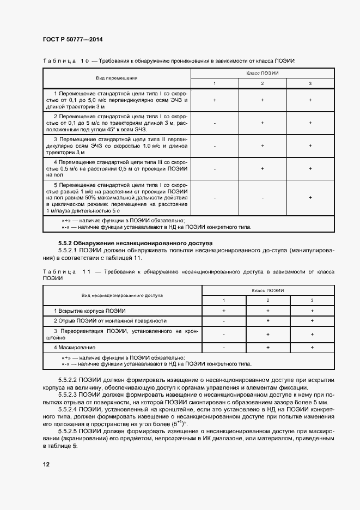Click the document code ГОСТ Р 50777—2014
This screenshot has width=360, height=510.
tap(72, 40)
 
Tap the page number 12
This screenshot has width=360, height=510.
tap(46, 464)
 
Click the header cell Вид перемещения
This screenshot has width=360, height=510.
tap(117, 78)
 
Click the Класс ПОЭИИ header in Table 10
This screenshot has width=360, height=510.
tap(262, 72)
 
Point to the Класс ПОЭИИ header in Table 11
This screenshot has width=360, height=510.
tap(267, 290)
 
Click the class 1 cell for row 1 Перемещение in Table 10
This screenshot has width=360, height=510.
tap(215, 100)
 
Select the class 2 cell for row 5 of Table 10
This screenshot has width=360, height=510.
tap(262, 198)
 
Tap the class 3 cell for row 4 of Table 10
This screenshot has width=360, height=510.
tap(310, 169)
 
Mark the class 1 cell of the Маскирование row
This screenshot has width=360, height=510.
tap(224, 347)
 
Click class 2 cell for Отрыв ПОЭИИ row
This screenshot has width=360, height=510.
tap(268, 321)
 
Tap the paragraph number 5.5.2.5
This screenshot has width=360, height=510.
tap(68, 430)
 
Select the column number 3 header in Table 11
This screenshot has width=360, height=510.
tap(312, 300)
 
